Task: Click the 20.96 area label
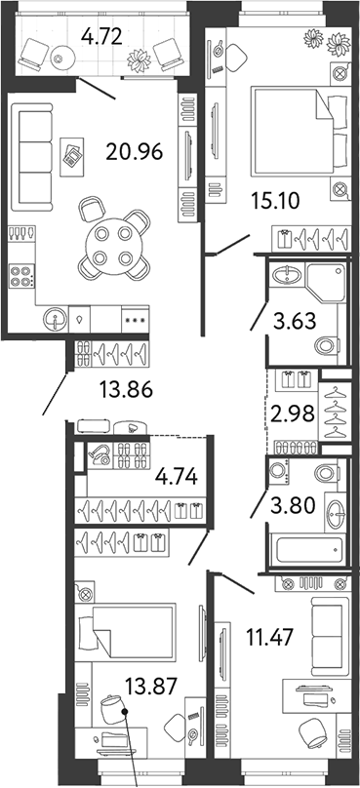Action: coord(135,151)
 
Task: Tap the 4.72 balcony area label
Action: coord(102,36)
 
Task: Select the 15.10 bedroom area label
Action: coord(275,202)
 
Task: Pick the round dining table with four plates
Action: coord(113,246)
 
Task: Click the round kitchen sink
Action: coord(55,319)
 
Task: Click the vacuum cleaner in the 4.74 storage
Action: coord(100,455)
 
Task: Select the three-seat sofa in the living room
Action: coord(31,158)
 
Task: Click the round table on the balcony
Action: coord(59,59)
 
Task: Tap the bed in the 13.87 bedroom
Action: coord(125,632)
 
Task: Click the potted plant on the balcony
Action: coord(139,60)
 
